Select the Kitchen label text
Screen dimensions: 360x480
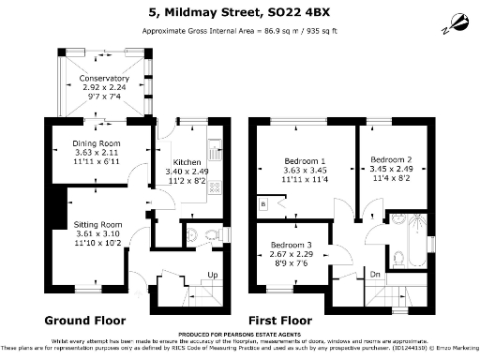point(187,162)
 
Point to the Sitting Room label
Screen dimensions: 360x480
point(98,225)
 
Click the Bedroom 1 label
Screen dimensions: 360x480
point(305,160)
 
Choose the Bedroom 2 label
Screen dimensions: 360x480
point(391,158)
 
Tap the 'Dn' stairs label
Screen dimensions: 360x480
point(374,275)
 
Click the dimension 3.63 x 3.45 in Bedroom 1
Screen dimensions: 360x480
point(305,171)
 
